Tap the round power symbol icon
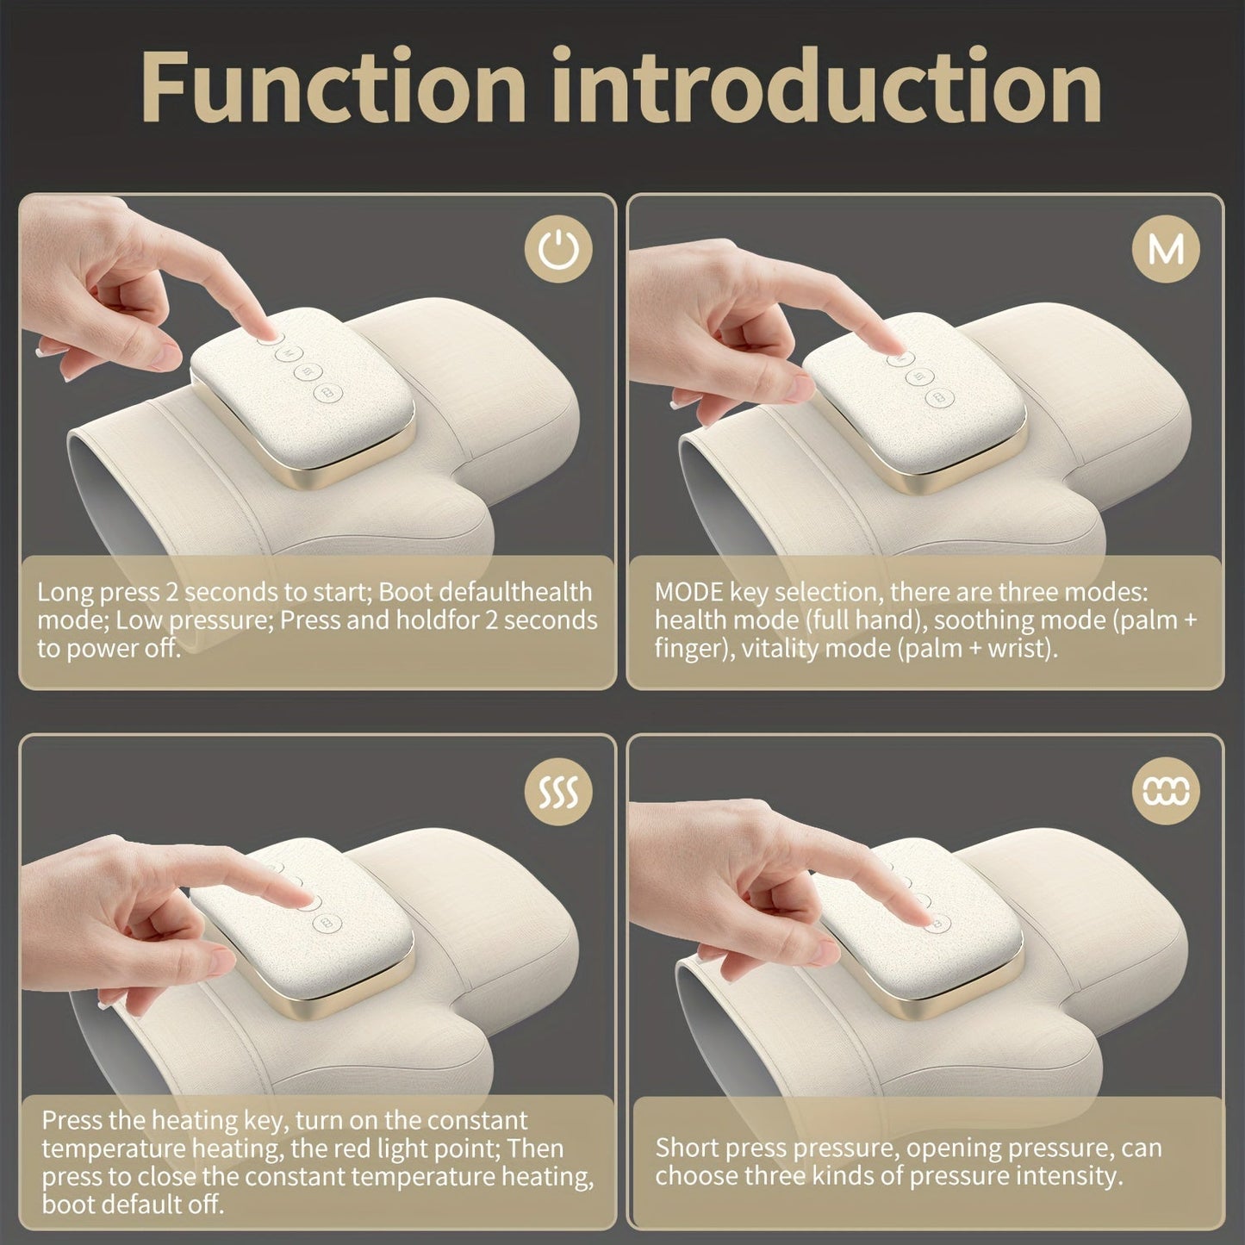pyautogui.click(x=559, y=250)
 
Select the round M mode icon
pyautogui.click(x=1167, y=250)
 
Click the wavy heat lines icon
pyautogui.click(x=559, y=790)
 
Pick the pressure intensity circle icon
pyautogui.click(x=1167, y=790)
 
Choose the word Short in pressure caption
pyautogui.click(x=687, y=1149)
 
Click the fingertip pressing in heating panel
pyautogui.click(x=303, y=898)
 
